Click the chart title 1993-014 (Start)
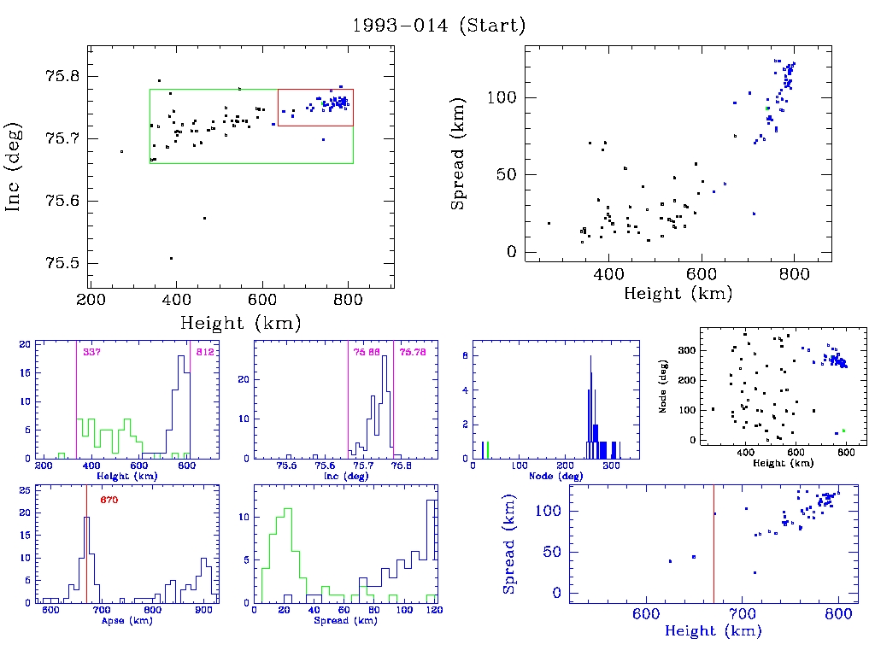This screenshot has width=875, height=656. coord(438,26)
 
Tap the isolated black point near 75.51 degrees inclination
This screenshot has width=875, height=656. coord(171,258)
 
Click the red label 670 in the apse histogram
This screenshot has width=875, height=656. coord(109,500)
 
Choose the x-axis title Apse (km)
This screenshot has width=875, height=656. coord(125,621)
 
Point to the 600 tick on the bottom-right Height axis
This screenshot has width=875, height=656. coord(644,616)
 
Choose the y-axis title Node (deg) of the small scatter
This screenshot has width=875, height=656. coord(662,385)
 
